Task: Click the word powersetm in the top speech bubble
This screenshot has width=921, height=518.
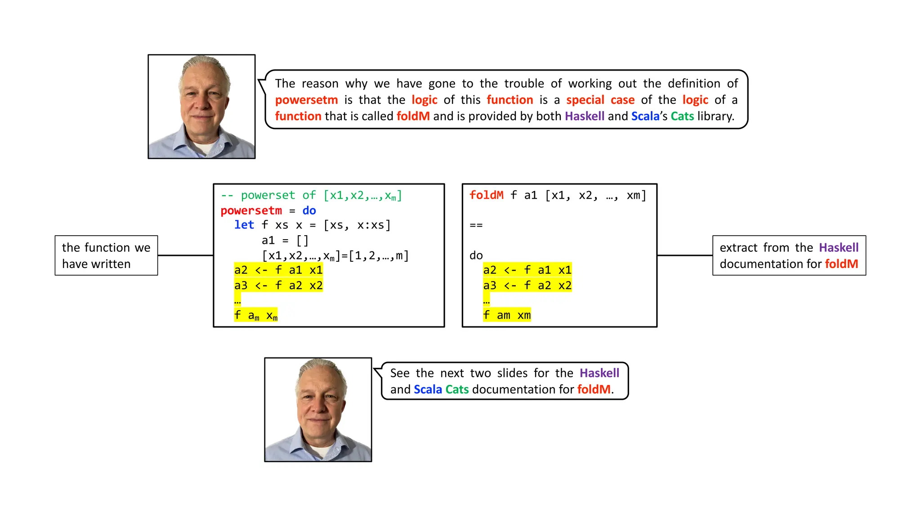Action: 306,100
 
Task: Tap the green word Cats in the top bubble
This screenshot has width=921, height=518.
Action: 682,116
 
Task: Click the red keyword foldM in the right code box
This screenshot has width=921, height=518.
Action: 486,195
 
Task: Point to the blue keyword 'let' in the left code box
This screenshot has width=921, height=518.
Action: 244,225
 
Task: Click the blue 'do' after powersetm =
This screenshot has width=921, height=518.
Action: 309,210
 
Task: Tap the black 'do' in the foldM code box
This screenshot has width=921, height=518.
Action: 476,255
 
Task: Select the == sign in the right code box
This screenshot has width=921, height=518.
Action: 476,225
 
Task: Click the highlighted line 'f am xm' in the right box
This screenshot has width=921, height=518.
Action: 507,315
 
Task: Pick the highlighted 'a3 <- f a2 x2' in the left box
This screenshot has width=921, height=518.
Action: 278,286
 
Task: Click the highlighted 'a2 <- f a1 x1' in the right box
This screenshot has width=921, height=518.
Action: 527,270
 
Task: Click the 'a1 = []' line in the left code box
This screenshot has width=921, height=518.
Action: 285,241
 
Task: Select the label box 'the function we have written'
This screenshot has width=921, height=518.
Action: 106,255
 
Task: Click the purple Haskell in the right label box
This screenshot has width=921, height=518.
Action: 838,247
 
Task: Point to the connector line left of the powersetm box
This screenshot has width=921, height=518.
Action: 185,255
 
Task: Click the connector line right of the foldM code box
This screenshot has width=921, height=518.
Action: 684,255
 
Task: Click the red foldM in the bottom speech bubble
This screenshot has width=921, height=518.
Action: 594,389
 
